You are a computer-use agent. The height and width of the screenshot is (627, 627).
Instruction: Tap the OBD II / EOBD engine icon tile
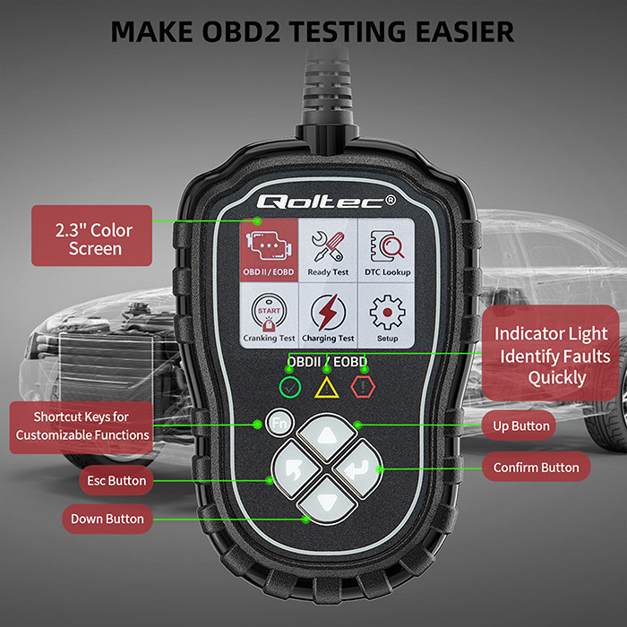(269, 250)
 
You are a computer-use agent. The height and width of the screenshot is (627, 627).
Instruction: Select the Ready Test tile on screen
(328, 250)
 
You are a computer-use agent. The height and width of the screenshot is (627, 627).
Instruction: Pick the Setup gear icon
(387, 313)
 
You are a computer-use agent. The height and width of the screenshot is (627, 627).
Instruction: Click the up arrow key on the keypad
(327, 437)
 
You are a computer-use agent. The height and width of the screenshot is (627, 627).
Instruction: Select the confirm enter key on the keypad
(358, 469)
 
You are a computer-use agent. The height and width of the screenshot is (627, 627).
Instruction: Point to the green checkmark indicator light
(290, 387)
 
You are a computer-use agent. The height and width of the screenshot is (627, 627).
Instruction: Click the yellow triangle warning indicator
(327, 388)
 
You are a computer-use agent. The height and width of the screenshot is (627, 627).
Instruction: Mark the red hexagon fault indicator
(363, 387)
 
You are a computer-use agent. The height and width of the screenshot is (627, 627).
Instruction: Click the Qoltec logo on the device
(326, 202)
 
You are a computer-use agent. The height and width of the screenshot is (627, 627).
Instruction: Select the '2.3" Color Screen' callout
(92, 236)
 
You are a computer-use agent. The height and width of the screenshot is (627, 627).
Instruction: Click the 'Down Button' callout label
(107, 519)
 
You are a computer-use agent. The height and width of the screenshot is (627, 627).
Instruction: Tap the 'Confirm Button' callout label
(537, 467)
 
